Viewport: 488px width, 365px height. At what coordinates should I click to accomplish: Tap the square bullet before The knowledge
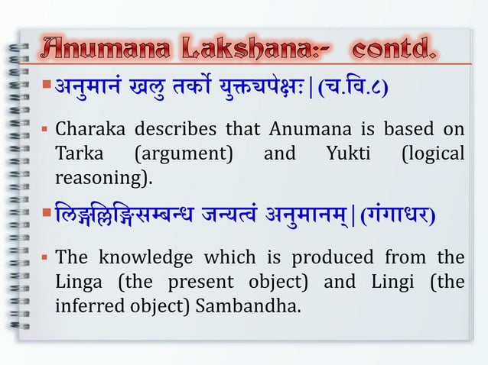click(x=46, y=255)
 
